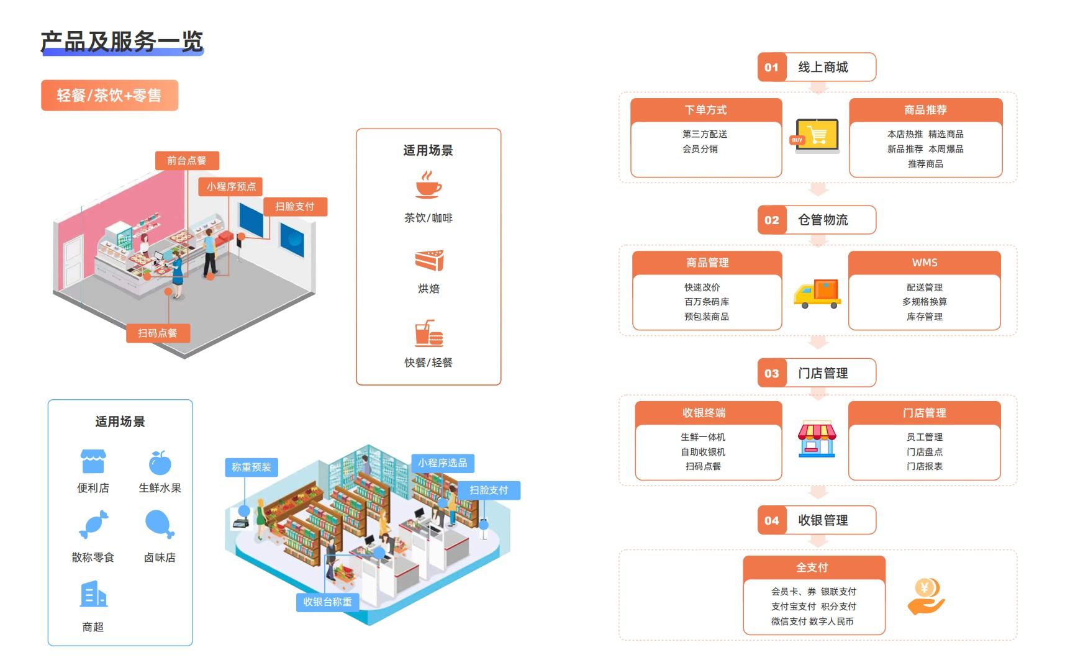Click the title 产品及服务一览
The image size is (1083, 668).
(122, 42)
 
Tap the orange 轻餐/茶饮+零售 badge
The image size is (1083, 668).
(109, 95)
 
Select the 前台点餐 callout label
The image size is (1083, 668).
(186, 160)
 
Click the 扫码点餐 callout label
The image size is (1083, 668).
(158, 333)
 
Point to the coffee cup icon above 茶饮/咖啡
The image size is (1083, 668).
(428, 185)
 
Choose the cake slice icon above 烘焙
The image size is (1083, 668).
(429, 260)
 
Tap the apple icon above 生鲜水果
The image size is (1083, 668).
(160, 463)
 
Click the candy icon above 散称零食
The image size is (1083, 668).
(94, 524)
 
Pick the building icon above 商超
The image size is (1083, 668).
(93, 594)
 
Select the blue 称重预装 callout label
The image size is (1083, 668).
(251, 467)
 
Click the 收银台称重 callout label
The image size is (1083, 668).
(327, 602)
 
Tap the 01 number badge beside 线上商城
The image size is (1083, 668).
(771, 67)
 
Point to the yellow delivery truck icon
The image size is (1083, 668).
(817, 294)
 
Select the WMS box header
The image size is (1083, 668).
(924, 263)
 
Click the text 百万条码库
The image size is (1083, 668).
(707, 302)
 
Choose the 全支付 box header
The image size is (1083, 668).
(813, 567)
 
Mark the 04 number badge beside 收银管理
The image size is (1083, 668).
(771, 520)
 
